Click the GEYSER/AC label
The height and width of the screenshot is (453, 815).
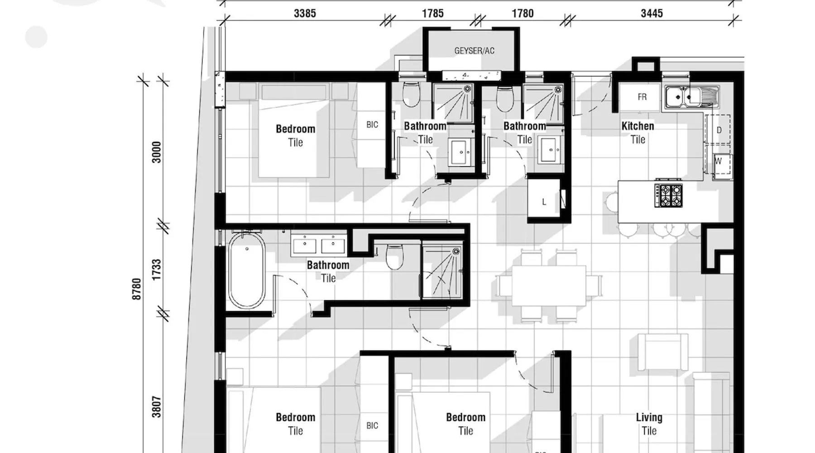click(474, 51)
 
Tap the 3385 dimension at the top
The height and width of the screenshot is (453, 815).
click(305, 14)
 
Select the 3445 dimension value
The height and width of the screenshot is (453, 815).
click(652, 14)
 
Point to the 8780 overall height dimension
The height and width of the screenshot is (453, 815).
click(136, 289)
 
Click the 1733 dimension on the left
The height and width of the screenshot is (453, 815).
click(156, 270)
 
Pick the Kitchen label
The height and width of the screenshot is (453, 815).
click(638, 126)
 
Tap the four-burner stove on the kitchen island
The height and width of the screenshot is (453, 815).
click(668, 195)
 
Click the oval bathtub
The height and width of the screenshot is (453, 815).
click(247, 270)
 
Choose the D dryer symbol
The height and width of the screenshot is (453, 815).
click(718, 130)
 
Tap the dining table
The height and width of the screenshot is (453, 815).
click(549, 285)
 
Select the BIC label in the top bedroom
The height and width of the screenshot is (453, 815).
click(372, 125)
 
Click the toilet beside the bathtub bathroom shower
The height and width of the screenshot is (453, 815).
click(394, 257)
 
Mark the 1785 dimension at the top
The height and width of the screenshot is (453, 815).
click(432, 14)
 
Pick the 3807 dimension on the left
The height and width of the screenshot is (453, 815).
click(156, 407)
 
